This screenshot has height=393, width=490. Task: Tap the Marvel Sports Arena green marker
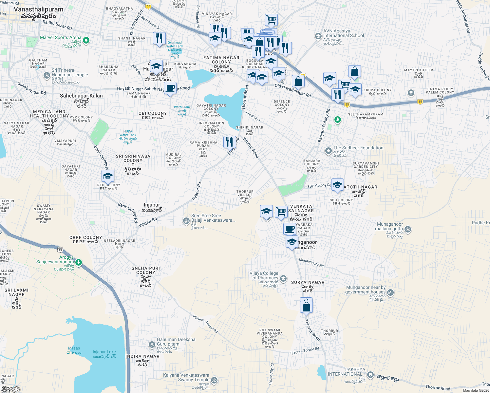coord(86,41)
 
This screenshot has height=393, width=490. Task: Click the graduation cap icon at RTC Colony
coord(108,176)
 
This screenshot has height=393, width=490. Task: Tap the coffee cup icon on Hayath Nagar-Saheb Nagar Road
coord(170,88)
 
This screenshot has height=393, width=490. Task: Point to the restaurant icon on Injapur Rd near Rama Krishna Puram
coord(230,142)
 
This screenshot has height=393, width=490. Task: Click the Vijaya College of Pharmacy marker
coord(283,278)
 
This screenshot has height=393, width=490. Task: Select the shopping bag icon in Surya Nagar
coord(306,307)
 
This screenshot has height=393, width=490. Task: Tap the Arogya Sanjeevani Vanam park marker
coord(79,262)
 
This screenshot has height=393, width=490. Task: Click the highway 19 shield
coord(60,250)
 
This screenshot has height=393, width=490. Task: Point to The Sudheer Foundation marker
coord(328,151)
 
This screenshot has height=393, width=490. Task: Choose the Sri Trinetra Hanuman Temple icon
coord(47,76)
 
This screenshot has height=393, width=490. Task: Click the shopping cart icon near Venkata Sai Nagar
coord(281,212)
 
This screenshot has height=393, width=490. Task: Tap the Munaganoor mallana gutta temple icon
coord(408,229)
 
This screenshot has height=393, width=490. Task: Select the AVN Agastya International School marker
coord(318,36)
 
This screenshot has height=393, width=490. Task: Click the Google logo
coord(11,389)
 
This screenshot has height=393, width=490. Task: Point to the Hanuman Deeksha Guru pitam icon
coord(152,345)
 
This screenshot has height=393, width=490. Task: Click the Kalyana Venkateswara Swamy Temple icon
coord(214,380)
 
